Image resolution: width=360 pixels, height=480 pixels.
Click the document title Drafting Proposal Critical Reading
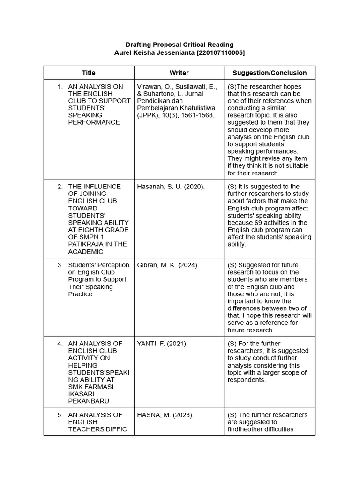[180, 45]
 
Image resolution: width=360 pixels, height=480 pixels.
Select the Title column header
[89, 73]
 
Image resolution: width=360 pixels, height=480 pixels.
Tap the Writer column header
[179, 73]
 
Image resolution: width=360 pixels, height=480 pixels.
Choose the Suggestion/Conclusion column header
[270, 73]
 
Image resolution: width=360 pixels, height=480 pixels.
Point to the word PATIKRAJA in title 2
[85, 244]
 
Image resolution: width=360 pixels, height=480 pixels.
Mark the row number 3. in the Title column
[60, 265]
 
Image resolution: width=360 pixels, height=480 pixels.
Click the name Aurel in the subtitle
[124, 53]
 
